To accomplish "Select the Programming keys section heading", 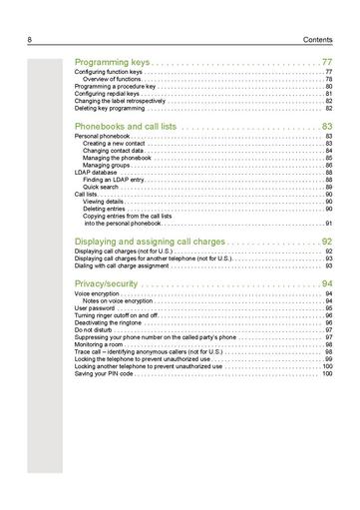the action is coord(112,62).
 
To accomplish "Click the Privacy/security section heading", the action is coord(111,284).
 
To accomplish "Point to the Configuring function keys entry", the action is coord(109,73).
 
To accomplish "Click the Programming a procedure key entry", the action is coord(115,87).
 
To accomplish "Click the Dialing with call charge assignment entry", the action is coord(126,266).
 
